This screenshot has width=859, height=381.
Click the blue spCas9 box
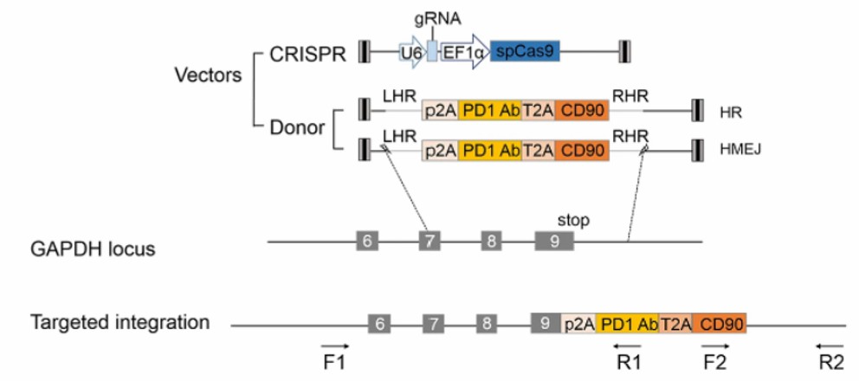point(525,52)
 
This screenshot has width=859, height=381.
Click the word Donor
point(294,128)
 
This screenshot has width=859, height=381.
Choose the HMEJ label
point(739,151)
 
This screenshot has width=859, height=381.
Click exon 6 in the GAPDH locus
point(367,241)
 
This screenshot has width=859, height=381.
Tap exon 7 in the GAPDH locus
point(428,241)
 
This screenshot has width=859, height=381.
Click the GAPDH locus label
point(92,249)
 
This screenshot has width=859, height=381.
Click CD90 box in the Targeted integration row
point(719,324)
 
